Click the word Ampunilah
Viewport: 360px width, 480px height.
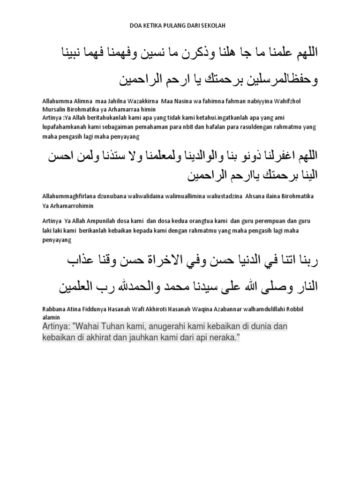tap(104, 221)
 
